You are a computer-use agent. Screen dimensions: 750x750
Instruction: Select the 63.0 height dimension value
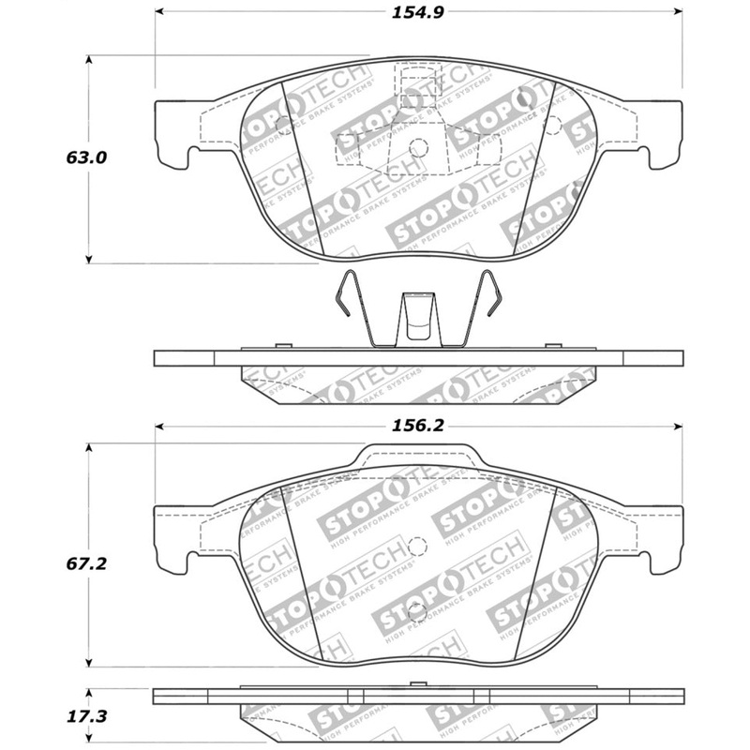pos(86,158)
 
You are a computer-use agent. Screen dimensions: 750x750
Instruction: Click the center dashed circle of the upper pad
pos(418,146)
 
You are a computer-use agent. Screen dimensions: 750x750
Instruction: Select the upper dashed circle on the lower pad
pos(418,544)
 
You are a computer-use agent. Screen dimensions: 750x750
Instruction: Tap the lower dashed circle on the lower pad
pos(418,615)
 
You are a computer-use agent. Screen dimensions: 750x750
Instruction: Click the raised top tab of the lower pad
pos(418,457)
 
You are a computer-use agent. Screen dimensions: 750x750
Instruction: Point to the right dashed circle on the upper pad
pos(552,125)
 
